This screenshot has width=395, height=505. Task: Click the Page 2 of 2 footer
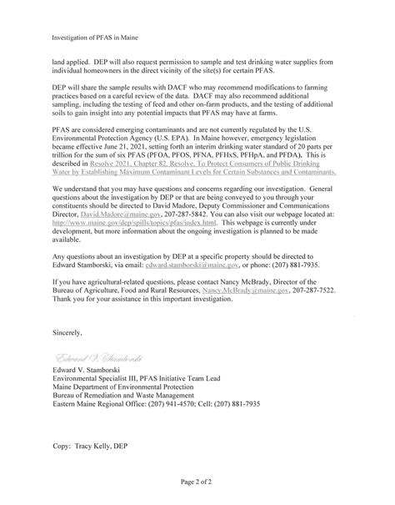tap(197, 482)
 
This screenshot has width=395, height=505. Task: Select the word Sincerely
tap(67, 332)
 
